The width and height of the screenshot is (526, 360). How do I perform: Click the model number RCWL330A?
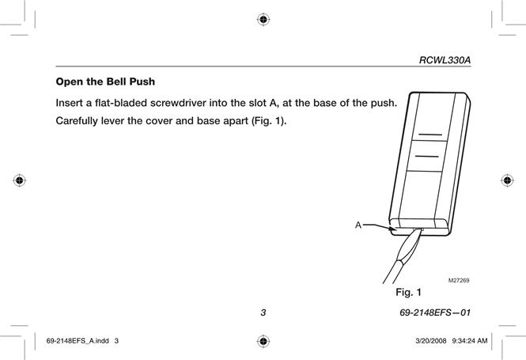click(x=445, y=60)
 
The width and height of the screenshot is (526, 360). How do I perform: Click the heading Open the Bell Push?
click(x=105, y=81)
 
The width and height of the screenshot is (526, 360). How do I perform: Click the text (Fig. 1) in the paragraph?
click(x=269, y=121)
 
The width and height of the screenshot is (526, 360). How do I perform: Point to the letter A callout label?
click(x=358, y=225)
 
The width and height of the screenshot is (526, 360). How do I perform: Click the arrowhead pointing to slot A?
click(x=393, y=229)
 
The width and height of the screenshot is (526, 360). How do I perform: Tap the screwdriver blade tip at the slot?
click(x=422, y=229)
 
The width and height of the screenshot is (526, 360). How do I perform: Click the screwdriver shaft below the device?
click(x=393, y=272)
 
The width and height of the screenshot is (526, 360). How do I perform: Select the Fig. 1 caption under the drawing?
click(x=408, y=292)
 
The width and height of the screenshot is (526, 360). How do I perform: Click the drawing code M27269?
click(x=459, y=281)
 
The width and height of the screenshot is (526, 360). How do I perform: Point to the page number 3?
click(x=263, y=313)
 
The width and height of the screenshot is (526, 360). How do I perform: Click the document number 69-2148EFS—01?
click(x=435, y=313)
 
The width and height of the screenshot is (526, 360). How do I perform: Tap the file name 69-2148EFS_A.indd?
click(x=78, y=341)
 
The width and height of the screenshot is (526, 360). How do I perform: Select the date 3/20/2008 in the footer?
click(x=431, y=341)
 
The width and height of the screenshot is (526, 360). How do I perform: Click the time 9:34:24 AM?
click(x=470, y=341)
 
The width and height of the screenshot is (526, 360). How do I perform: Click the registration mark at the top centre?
click(x=263, y=20)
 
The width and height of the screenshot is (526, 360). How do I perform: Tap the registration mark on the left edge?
click(x=20, y=180)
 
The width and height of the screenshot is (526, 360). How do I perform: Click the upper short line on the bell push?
click(x=430, y=135)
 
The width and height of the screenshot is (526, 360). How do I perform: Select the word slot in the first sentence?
click(x=257, y=103)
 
